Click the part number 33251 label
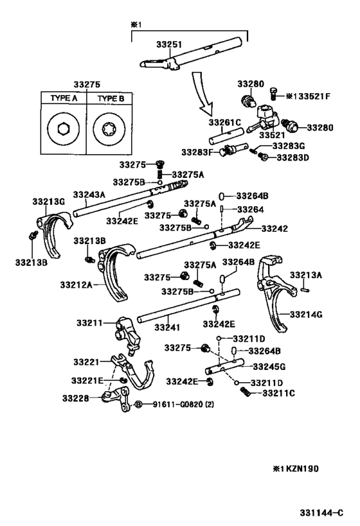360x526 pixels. click(168, 44)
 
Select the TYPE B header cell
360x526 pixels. click(109, 99)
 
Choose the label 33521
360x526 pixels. click(272, 136)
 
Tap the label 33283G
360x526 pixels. click(290, 146)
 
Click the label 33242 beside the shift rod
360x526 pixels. click(273, 229)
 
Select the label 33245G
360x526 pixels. click(268, 367)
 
